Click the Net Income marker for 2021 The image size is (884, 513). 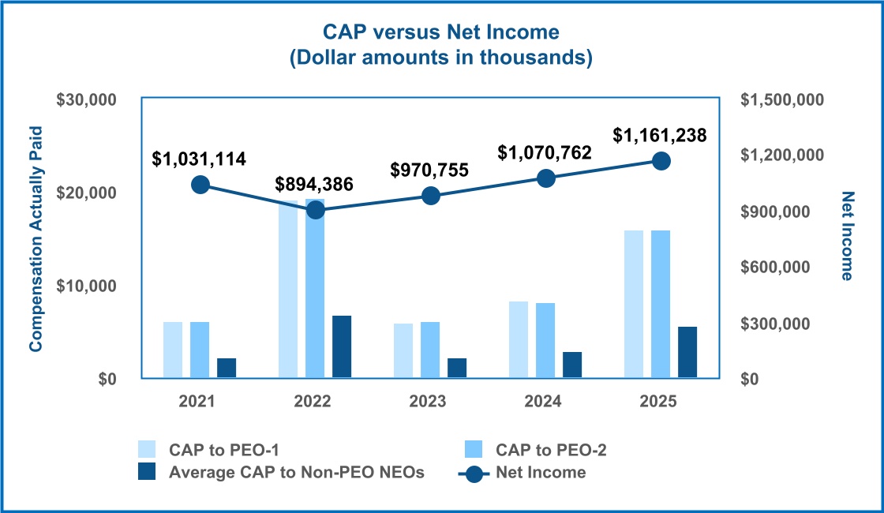pyautogui.click(x=200, y=185)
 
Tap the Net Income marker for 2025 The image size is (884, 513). pyautogui.click(x=661, y=161)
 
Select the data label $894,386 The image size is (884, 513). pyautogui.click(x=314, y=185)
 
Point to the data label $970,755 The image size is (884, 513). pyautogui.click(x=430, y=170)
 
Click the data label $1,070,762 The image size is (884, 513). pyautogui.click(x=545, y=153)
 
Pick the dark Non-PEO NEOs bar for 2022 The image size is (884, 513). pyautogui.click(x=342, y=347)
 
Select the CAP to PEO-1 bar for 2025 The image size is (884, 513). pyautogui.click(x=634, y=304)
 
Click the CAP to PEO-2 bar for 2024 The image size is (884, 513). pyautogui.click(x=545, y=340)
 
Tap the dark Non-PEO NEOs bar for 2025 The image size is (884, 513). pyautogui.click(x=687, y=353)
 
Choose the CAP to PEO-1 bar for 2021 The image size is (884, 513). pyautogui.click(x=173, y=350)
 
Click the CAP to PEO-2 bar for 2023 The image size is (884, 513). pyautogui.click(x=430, y=350)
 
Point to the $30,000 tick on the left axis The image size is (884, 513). pyautogui.click(x=86, y=100)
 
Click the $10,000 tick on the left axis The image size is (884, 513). pyautogui.click(x=86, y=286)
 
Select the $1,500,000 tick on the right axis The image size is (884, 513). pyautogui.click(x=782, y=100)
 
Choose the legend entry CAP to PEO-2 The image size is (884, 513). pyautogui.click(x=551, y=450)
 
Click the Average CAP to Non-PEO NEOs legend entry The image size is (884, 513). pyautogui.click(x=297, y=473)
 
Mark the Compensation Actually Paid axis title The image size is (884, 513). pyautogui.click(x=36, y=238)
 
